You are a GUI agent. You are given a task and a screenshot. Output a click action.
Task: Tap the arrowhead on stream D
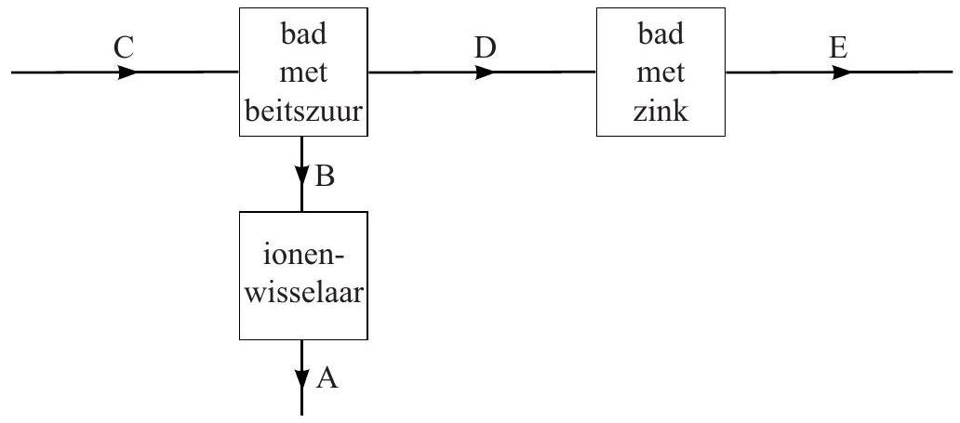coord(485,72)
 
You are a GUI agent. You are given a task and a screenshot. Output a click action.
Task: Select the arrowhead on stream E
coord(840,72)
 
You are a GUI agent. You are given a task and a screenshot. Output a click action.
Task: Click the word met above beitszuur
coord(303,74)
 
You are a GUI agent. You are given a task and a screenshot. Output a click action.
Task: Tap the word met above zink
coord(660,74)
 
